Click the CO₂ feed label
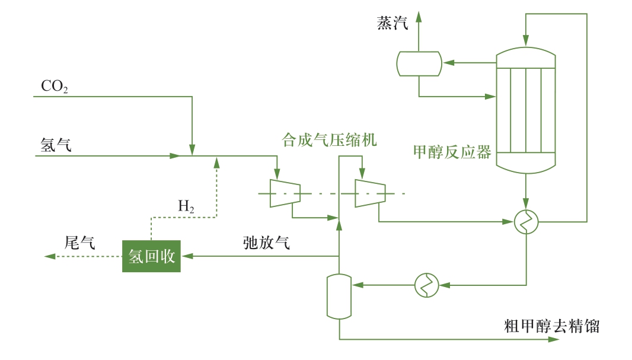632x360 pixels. [x=54, y=87]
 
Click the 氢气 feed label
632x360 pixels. [x=56, y=145]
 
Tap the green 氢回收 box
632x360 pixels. [x=151, y=256]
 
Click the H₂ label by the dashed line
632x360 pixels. [x=186, y=206]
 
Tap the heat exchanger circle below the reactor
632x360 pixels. [x=526, y=222]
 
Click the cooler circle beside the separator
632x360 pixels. [x=426, y=285]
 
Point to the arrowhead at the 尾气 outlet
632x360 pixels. [x=50, y=256]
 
